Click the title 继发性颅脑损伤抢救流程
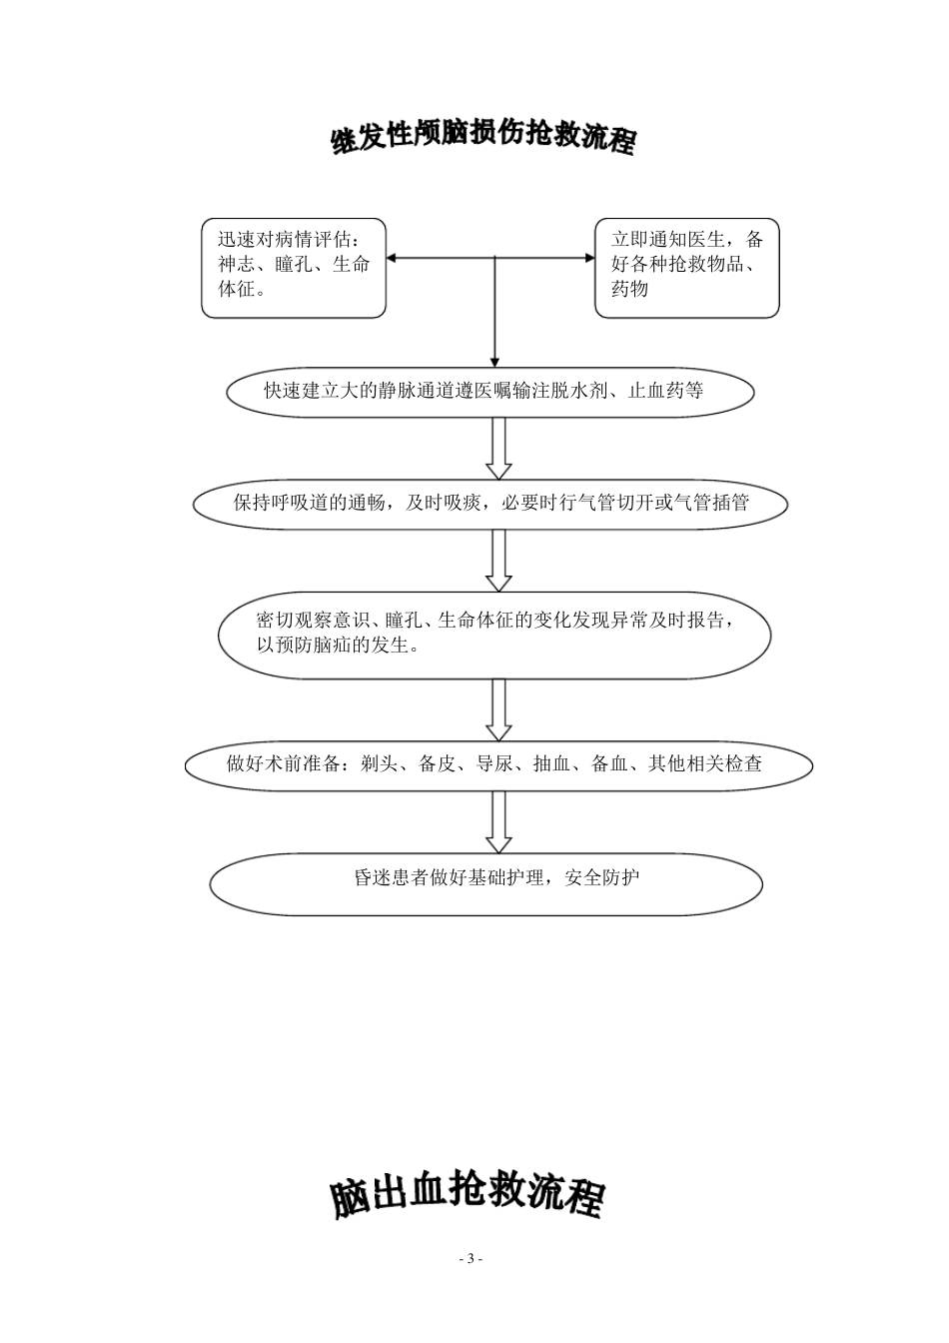[x=483, y=140]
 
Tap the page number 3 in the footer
[x=471, y=1258]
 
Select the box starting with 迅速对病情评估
[x=294, y=268]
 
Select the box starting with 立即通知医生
[x=686, y=268]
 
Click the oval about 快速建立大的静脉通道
[x=490, y=391]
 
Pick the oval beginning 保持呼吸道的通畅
[x=490, y=503]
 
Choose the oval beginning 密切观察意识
[x=494, y=634]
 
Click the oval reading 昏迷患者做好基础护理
[x=486, y=879]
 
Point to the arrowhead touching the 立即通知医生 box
[x=588, y=258]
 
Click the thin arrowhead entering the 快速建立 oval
[x=494, y=361]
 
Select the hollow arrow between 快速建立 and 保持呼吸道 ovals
[x=498, y=449]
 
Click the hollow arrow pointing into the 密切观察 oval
[x=498, y=561]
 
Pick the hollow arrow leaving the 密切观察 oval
[x=498, y=710]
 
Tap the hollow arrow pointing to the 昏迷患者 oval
[x=498, y=822]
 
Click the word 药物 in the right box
[x=630, y=289]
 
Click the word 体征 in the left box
[x=236, y=289]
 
